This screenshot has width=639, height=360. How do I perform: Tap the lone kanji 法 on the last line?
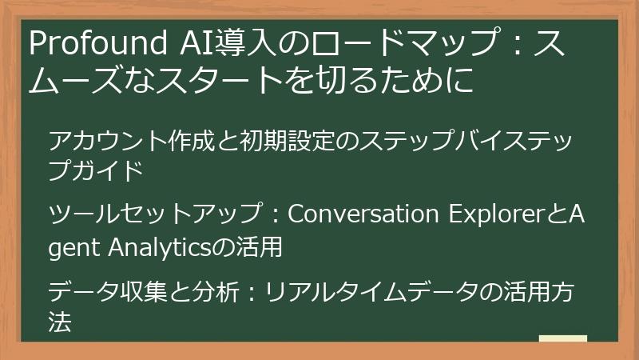coord(61,321)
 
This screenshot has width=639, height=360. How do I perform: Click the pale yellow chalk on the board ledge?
coord(562,338)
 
